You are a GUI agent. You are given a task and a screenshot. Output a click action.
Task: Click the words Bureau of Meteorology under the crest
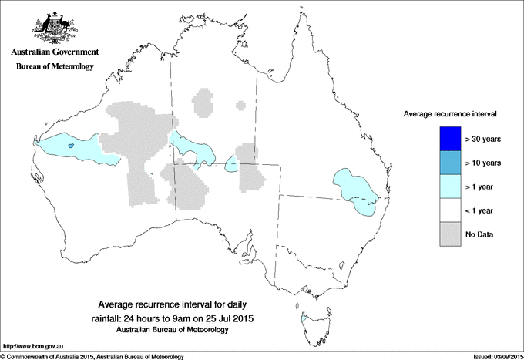coord(54,67)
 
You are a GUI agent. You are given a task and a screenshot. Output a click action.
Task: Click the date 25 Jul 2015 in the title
coord(230,318)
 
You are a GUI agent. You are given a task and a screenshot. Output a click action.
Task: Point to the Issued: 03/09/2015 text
coord(495,356)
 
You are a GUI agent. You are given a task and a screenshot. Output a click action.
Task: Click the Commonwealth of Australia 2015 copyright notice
coord(92,356)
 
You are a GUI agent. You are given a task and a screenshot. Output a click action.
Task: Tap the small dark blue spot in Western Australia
coord(70,145)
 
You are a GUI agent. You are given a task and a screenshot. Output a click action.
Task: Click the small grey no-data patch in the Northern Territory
coord(203,102)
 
